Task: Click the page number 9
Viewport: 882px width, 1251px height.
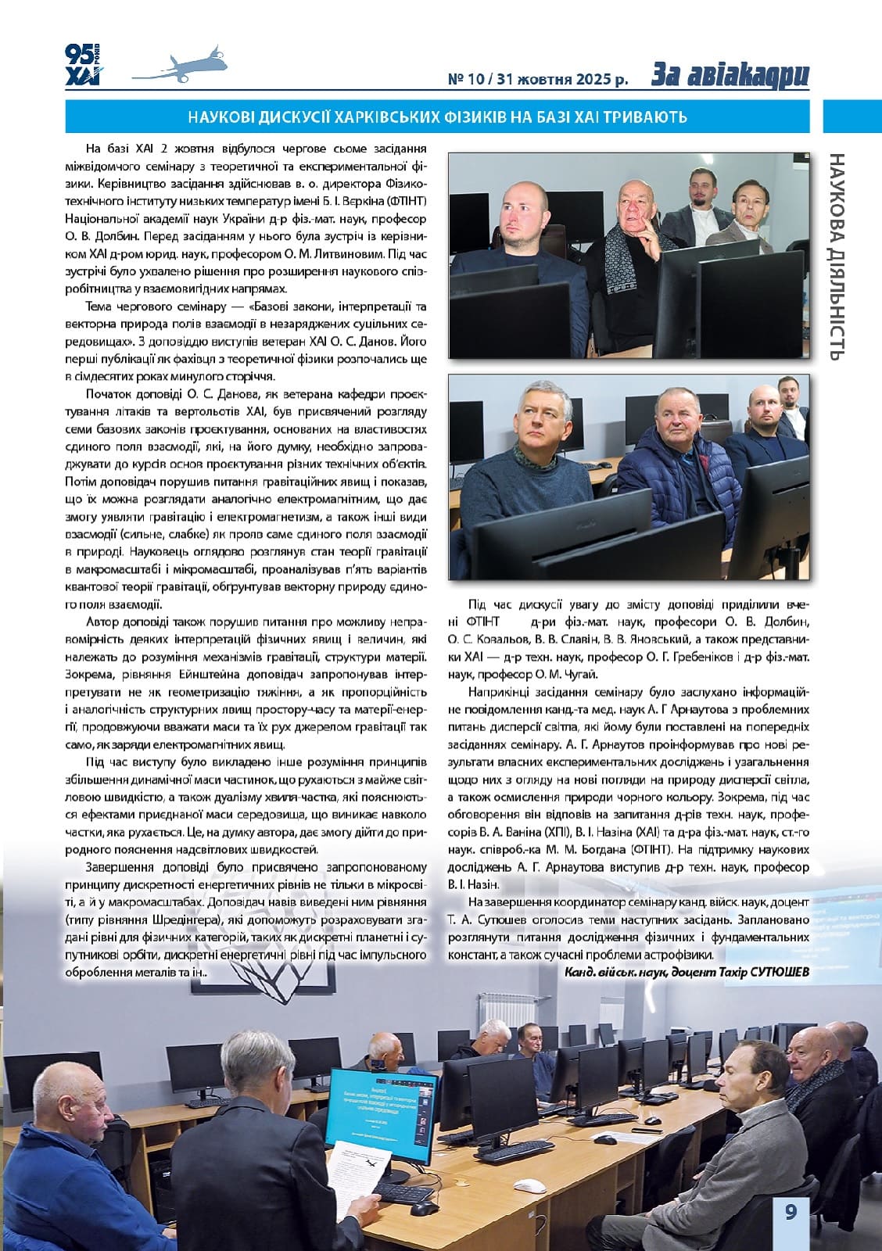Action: pos(791,1212)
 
